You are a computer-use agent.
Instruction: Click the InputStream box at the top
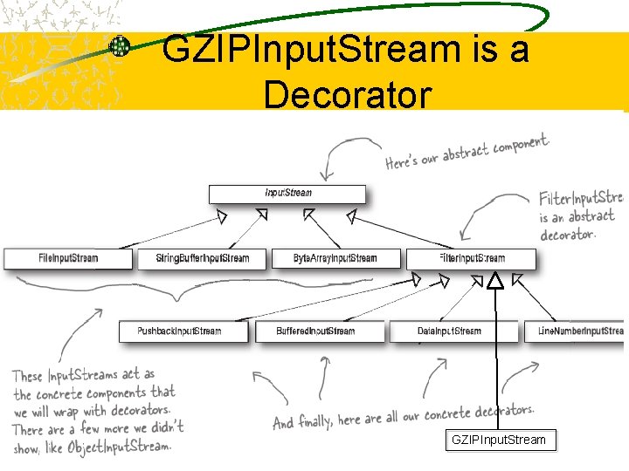click(287, 193)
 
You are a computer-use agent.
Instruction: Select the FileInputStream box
click(68, 258)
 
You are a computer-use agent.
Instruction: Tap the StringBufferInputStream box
click(203, 258)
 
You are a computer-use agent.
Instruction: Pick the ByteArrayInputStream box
click(335, 258)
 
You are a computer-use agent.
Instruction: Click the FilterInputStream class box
click(472, 258)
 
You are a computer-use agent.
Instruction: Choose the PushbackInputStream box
click(180, 331)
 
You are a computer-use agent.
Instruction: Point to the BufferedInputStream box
click(315, 331)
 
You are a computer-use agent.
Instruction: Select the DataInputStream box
click(449, 331)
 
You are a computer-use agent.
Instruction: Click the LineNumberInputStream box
click(577, 331)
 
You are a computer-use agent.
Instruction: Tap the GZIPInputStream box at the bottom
click(498, 440)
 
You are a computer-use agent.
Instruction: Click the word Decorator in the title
click(347, 94)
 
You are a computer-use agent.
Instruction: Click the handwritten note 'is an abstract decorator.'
click(577, 225)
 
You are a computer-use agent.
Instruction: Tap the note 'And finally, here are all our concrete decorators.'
click(402, 417)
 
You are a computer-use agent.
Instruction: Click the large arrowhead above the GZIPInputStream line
click(495, 280)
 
